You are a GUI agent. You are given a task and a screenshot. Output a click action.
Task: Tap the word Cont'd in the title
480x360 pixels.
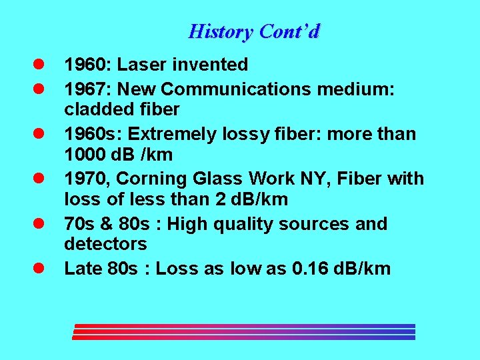(290, 31)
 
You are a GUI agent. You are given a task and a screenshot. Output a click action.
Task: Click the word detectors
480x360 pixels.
(105, 243)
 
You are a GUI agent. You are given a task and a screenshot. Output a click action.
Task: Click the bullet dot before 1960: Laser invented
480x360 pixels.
(40, 65)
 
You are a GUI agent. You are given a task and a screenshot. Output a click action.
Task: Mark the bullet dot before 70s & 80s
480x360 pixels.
(40, 225)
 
